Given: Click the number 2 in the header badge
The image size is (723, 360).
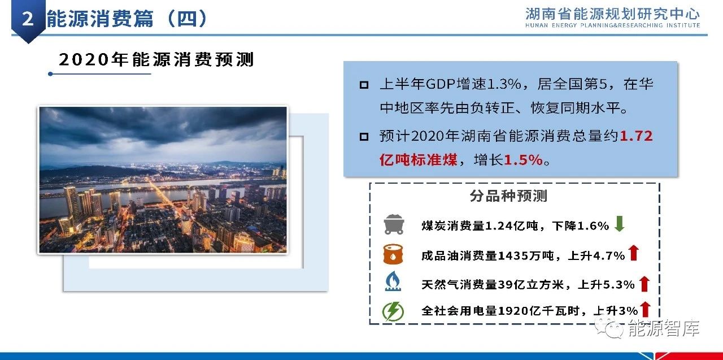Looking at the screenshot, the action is (x=28, y=19).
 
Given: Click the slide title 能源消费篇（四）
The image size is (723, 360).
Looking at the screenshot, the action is (x=127, y=19).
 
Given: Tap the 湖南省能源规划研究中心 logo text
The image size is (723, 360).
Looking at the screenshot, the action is (x=612, y=14).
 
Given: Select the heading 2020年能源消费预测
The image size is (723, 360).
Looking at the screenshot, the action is (x=156, y=59).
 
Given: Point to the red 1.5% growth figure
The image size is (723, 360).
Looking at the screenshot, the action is (x=523, y=160).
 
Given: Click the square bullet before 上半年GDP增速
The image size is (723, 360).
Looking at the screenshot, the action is (x=364, y=85).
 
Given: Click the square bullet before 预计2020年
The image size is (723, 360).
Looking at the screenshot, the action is (x=364, y=137).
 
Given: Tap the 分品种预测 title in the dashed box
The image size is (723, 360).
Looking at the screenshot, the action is (x=508, y=196).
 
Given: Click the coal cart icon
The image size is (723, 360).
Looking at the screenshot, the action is (x=394, y=224).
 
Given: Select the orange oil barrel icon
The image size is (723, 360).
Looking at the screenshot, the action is (x=393, y=254).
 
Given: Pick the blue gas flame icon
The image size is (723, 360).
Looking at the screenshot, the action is (x=393, y=281).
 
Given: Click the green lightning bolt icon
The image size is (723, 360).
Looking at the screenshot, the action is (x=393, y=311).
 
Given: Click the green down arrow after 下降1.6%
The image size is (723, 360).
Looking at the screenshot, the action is (x=620, y=224).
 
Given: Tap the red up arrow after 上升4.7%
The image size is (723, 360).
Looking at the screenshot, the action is (x=634, y=253).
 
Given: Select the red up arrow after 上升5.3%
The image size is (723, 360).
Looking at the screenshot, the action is (x=644, y=284).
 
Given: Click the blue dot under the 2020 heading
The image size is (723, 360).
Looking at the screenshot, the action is (x=50, y=74).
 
